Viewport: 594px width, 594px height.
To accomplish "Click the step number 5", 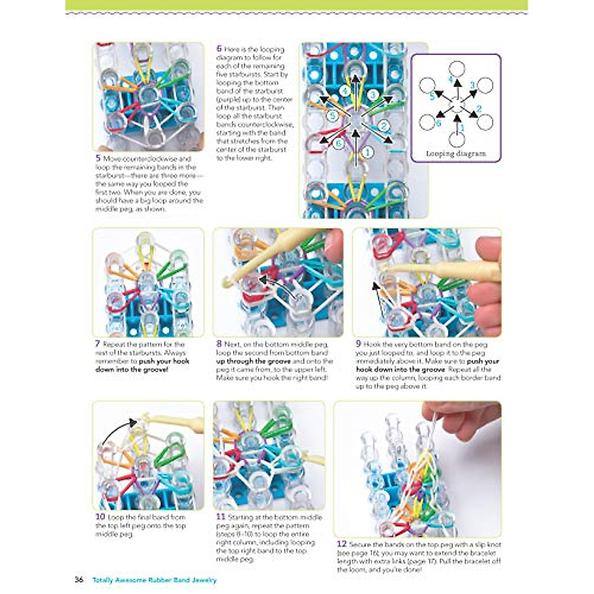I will (98, 158).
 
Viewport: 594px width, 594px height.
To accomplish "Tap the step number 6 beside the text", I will (219, 49).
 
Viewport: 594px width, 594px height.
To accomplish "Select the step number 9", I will (358, 344).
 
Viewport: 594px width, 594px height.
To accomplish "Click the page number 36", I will (79, 580).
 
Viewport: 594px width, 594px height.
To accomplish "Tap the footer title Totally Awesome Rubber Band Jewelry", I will (154, 580).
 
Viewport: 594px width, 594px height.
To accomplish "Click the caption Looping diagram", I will (456, 153).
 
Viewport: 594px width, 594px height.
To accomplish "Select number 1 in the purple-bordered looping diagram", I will (463, 127).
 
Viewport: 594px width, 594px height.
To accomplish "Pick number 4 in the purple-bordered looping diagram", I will (450, 79).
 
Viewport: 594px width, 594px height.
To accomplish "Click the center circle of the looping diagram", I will (456, 105).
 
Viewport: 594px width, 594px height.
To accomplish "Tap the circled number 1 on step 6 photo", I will (367, 152).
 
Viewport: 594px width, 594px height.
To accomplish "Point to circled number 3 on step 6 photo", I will (373, 94).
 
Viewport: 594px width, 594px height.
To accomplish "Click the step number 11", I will (221, 517).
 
